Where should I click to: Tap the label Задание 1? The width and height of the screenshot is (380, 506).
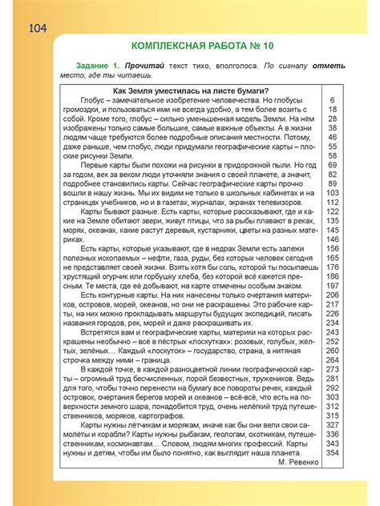click(98, 64)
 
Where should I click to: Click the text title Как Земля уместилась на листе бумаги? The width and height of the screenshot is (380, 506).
click(191, 90)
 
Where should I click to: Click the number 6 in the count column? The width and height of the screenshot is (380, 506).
click(331, 100)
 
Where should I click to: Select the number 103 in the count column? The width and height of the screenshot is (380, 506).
click(331, 193)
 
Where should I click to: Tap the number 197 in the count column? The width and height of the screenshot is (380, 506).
click(331, 285)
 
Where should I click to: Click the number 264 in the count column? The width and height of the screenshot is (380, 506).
click(331, 359)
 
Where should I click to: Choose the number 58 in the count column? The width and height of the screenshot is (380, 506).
click(331, 155)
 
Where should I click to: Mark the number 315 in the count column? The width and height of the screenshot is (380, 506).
click(331, 416)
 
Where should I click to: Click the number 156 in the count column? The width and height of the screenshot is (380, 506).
click(331, 248)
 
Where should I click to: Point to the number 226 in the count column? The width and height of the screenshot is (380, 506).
click(331, 313)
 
